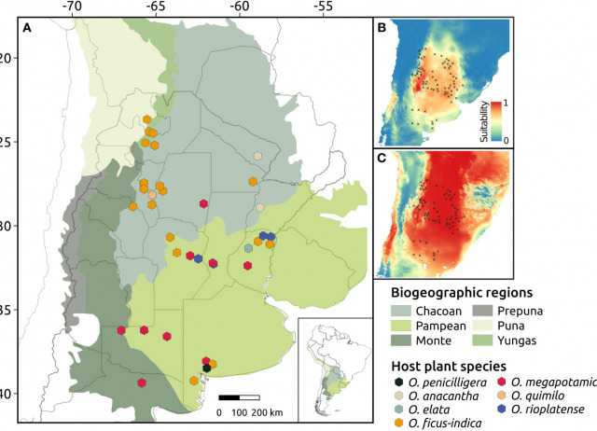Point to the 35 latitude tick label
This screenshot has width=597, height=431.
8,310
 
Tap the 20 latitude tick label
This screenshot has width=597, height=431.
8,58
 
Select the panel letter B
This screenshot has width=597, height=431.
381,28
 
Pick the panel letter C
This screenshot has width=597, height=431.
381,159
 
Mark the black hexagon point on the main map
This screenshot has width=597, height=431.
207,368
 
